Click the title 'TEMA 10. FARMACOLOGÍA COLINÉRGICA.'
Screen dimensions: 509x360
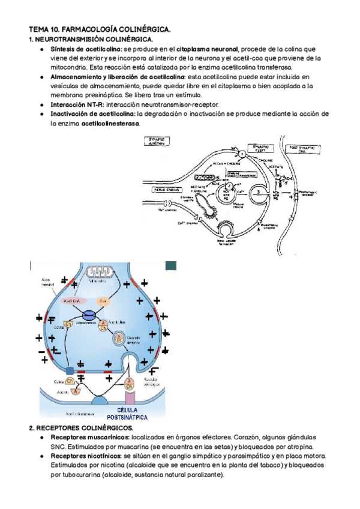[x=100, y=28]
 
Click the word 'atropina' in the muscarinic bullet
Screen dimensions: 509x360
[x=298, y=447]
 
